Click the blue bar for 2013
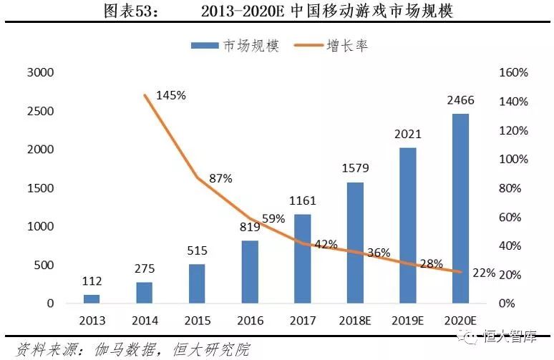(92, 299)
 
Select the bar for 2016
(250, 272)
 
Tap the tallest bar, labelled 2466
(460, 208)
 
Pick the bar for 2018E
(355, 243)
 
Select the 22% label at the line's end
(483, 273)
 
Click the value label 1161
(303, 202)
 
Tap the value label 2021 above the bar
(408, 134)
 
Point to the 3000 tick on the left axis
(41, 73)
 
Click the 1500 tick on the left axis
(41, 188)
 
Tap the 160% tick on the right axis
(513, 73)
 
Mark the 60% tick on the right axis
(513, 217)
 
